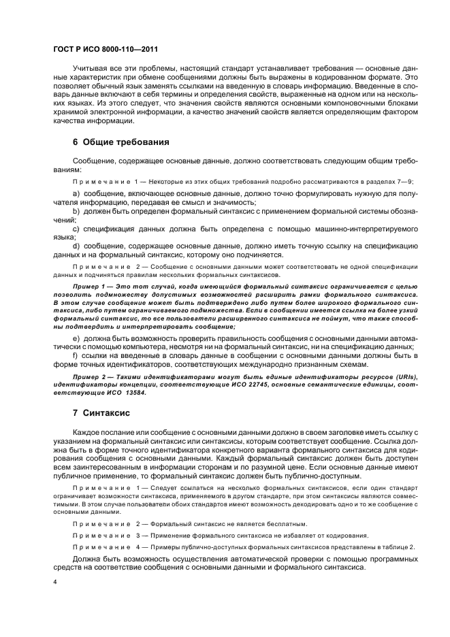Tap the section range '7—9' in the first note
point(405,181)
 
